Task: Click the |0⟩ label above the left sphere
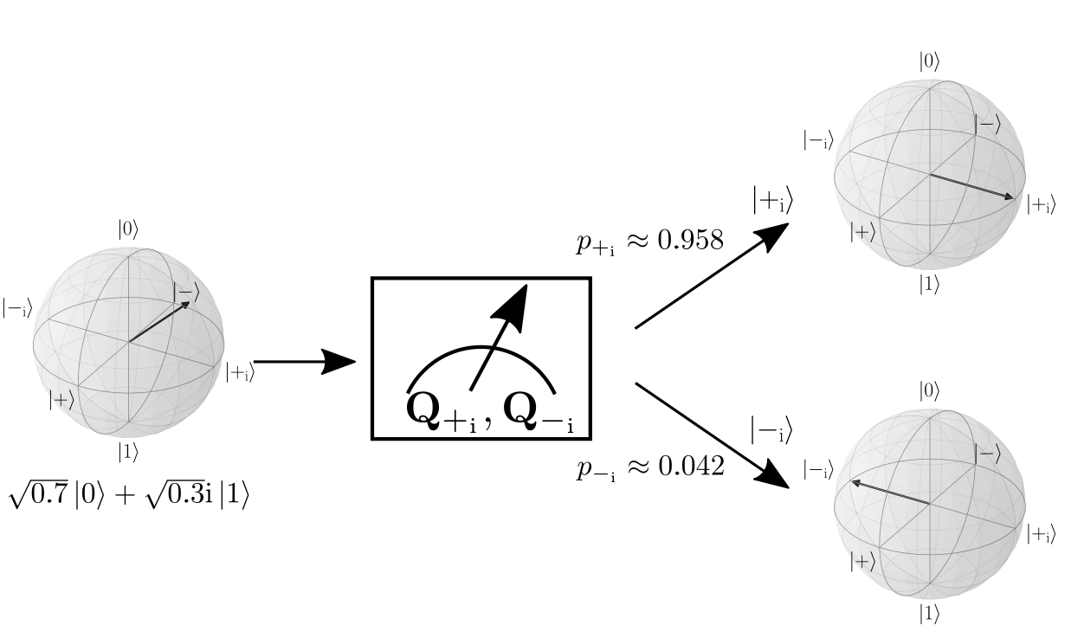pyautogui.click(x=128, y=229)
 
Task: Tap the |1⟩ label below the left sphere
pyautogui.click(x=128, y=452)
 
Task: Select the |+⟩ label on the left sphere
pyautogui.click(x=61, y=400)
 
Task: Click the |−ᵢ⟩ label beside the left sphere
pyautogui.click(x=17, y=308)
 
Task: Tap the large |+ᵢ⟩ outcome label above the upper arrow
pyautogui.click(x=772, y=201)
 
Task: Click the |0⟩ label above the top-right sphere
pyautogui.click(x=929, y=61)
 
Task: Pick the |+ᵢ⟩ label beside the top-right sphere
pyautogui.click(x=1042, y=205)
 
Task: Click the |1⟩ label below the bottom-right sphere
pyautogui.click(x=929, y=614)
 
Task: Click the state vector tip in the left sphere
pyautogui.click(x=187, y=303)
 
